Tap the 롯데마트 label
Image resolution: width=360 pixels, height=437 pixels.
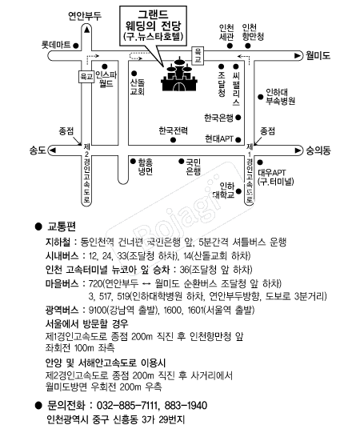(56, 45)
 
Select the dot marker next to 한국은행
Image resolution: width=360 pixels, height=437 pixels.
(238, 118)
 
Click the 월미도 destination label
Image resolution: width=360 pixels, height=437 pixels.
(318, 56)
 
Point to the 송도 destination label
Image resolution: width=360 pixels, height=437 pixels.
(38, 150)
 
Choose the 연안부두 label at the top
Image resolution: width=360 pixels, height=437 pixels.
(85, 16)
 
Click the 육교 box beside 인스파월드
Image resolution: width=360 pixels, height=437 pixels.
(86, 77)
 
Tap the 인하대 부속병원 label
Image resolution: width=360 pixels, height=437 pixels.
(280, 96)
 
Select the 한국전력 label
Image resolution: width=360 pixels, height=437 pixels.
(173, 130)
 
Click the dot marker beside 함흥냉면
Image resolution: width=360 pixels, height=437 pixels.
(133, 161)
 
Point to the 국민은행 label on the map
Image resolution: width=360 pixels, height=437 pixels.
(193, 166)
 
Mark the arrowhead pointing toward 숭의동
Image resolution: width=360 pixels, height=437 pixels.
(298, 150)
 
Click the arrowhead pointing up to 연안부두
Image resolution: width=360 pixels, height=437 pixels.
(87, 29)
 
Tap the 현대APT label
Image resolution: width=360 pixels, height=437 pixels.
(219, 138)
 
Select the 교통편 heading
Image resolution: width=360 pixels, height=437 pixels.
(62, 227)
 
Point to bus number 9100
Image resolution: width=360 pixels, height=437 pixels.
(98, 310)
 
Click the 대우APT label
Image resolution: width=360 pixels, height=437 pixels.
(272, 173)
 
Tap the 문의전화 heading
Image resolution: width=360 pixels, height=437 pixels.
(66, 405)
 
